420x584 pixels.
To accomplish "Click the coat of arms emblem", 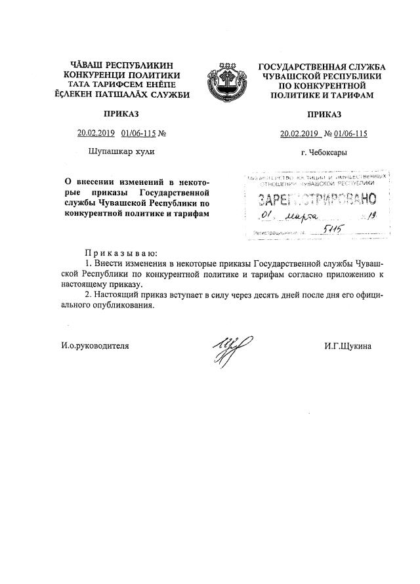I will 224,82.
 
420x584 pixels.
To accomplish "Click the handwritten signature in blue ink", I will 226,345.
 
